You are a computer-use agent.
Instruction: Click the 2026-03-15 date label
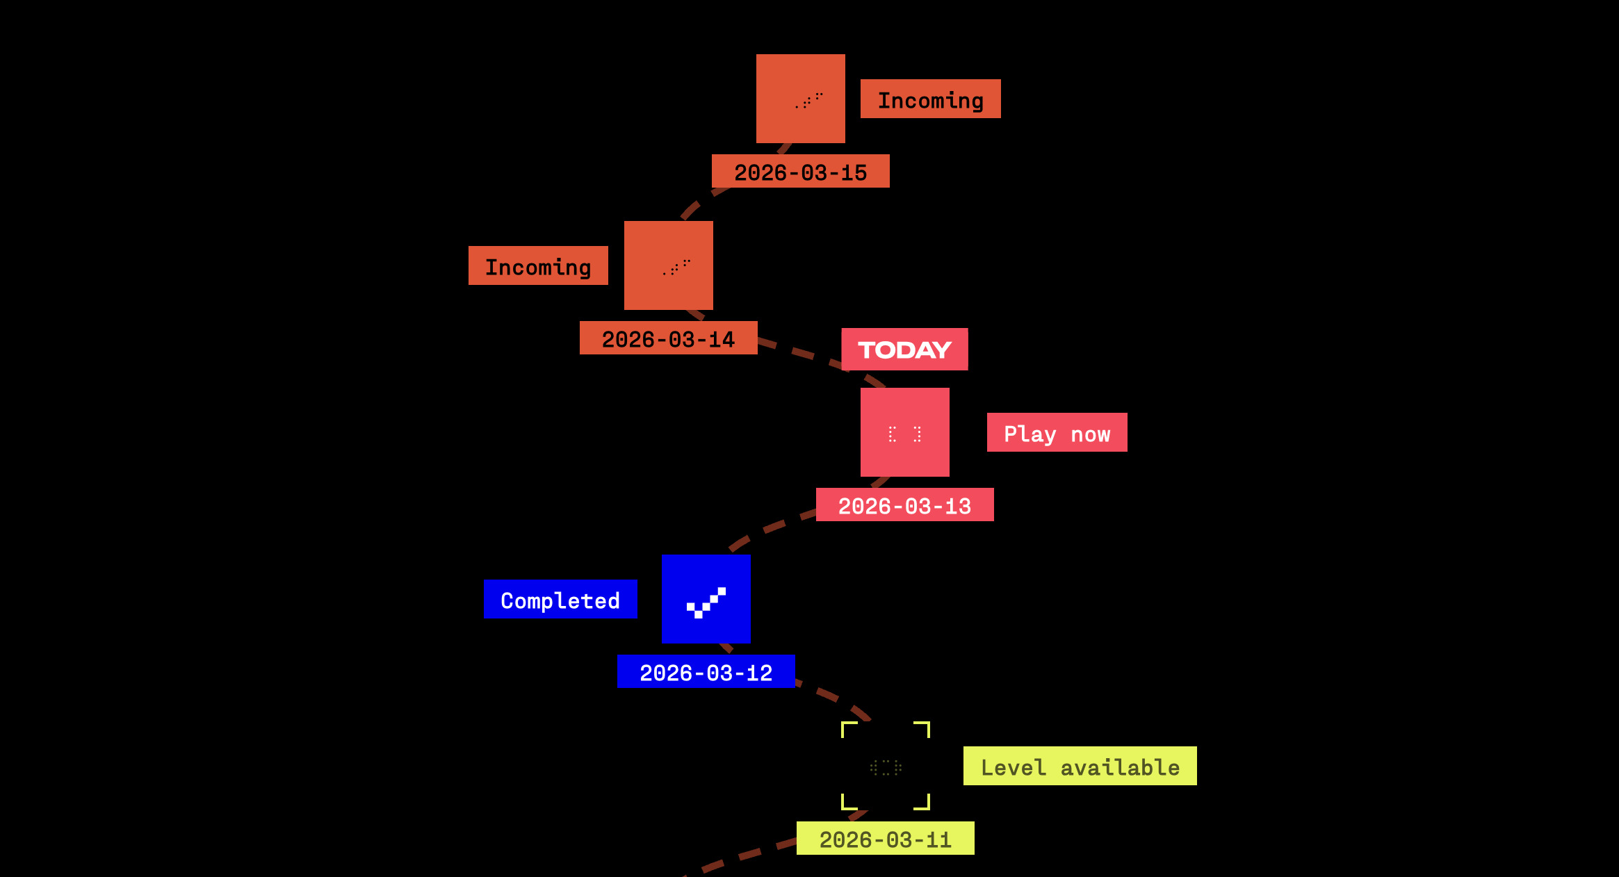[800, 172]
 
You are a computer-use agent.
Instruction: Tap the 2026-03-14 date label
[668, 338]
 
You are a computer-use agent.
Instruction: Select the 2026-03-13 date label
[904, 505]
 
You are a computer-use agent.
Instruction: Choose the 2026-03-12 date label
[706, 672]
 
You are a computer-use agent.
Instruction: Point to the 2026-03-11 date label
[885, 839]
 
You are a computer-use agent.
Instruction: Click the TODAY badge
[904, 350]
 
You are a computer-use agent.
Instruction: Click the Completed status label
[560, 600]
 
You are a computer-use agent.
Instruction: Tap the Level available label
[1080, 767]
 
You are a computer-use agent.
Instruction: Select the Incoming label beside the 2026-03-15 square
[930, 99]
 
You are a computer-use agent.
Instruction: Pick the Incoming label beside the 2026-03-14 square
[538, 266]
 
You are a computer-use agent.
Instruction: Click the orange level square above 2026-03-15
[800, 99]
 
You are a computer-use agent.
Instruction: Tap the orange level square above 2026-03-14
[668, 265]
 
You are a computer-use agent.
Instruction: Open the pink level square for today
[904, 432]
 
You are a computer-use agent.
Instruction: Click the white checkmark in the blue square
[706, 603]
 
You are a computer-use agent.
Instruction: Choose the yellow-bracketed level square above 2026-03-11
[885, 766]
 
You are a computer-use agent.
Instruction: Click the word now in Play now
[1090, 435]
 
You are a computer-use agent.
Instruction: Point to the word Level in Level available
[1013, 767]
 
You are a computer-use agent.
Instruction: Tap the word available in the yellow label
[1120, 767]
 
